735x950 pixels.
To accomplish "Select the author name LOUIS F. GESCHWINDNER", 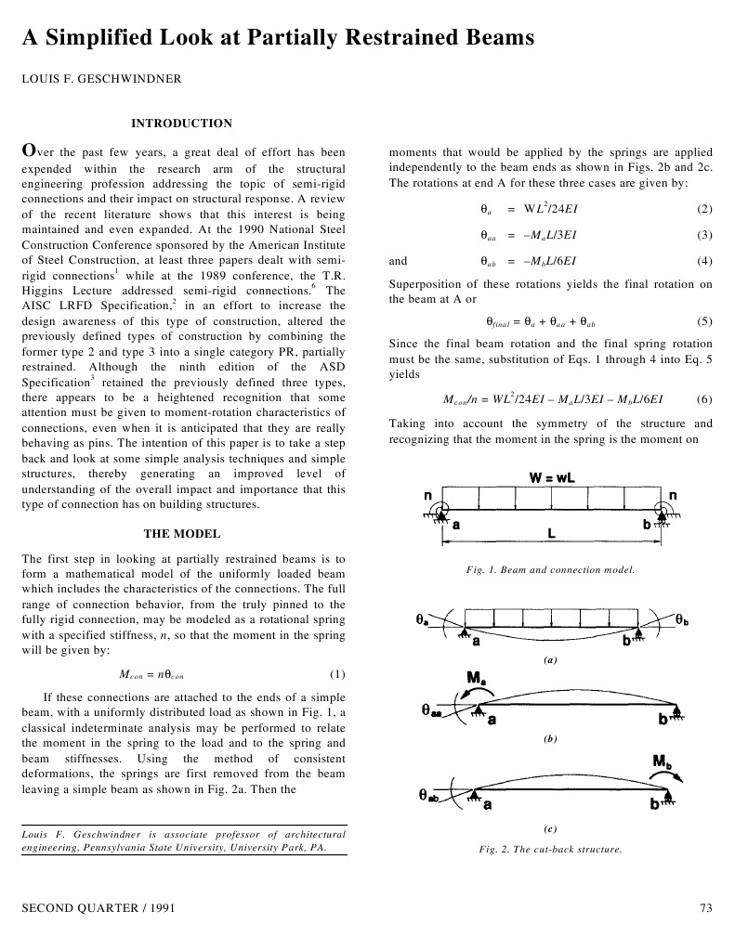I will (102, 79).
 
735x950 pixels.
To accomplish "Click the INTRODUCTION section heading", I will (181, 123).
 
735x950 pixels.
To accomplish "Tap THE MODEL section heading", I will (182, 533).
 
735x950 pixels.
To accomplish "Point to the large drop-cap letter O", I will (30, 150).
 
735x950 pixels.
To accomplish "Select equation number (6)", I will (703, 399).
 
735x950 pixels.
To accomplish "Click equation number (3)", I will (703, 235).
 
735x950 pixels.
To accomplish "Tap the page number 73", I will (704, 906).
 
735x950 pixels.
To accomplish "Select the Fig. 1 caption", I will (550, 569).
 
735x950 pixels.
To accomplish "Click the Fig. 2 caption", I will (550, 849).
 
